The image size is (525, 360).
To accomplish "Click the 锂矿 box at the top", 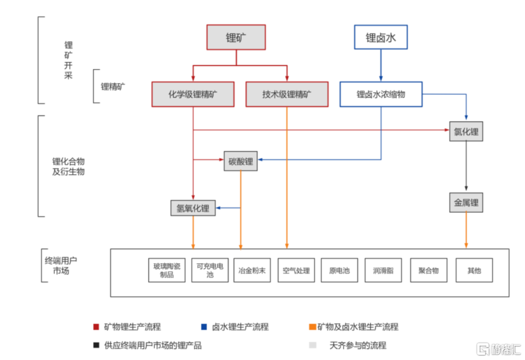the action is tap(236, 37).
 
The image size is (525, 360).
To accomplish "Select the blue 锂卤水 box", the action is tap(381, 37).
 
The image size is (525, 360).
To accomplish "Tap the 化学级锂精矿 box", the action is tap(193, 94).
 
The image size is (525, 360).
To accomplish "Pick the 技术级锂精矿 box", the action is tap(287, 94).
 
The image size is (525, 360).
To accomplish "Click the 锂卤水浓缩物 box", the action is tap(381, 94).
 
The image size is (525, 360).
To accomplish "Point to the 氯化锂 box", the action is tap(466, 131).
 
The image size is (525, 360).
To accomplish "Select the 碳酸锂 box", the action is tap(241, 161).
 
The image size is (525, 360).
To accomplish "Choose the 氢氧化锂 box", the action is tap(193, 208).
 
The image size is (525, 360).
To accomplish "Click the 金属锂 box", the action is tap(466, 203).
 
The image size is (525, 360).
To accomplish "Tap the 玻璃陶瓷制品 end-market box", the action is tap(167, 270).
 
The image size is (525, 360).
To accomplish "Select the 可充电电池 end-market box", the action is tap(210, 270).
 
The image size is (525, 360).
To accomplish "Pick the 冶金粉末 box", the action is tap(252, 270).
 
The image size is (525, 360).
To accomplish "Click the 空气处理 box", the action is tap(296, 270).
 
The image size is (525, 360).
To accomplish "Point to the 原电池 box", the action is tap(339, 270).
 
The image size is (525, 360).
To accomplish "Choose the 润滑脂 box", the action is tap(383, 270).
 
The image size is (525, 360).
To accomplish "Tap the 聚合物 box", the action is tap(429, 270).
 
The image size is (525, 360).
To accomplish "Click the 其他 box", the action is tap(475, 270).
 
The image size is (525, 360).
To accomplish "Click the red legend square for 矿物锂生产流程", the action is tap(96, 326).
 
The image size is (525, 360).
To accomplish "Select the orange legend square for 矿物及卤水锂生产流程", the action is tap(312, 326).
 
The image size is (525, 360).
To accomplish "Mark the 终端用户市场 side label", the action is tap(61, 266).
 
